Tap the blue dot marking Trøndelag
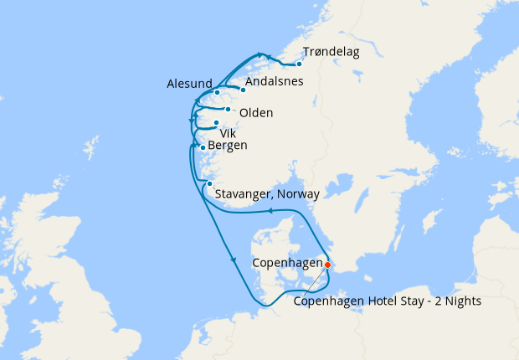pos(299,64)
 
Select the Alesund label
pos(188,84)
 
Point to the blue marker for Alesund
pos(217,92)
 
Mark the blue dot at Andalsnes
pos(243,90)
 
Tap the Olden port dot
pos(228,109)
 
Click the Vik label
pos(228,132)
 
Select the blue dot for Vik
pos(216,123)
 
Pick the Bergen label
pos(229,146)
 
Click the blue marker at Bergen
pos(203,148)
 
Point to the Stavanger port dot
pos(209,184)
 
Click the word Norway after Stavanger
pos(300,194)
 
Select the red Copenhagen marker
pos(327,265)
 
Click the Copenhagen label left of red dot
pos(287,262)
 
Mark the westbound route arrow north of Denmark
pos(271,211)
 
